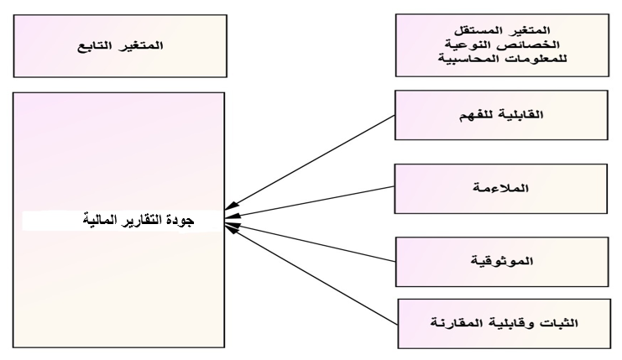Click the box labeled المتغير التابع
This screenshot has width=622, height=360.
[x=118, y=44]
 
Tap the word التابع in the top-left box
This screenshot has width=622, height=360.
[x=95, y=44]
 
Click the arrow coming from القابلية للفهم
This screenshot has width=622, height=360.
[x=315, y=161]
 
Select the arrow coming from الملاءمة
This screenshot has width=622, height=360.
[x=315, y=205]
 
